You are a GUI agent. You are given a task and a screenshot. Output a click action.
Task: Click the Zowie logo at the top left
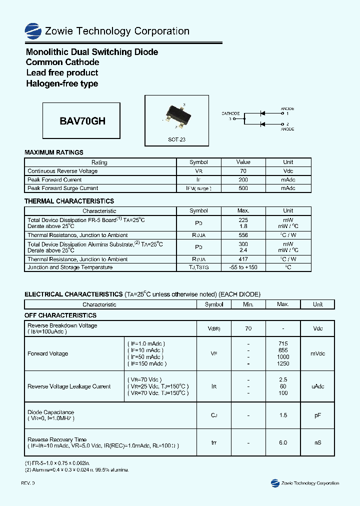[33, 31]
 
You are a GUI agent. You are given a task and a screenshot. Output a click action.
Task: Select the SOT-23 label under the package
[176, 139]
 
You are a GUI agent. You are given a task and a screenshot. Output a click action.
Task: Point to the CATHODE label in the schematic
[230, 113]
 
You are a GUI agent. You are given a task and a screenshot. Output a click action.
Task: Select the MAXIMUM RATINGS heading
[54, 152]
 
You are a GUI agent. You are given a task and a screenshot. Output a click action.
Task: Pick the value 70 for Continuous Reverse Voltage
[243, 171]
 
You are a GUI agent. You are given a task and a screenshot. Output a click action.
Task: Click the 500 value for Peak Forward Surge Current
[243, 188]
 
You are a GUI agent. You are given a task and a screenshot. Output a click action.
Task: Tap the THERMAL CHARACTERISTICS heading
[69, 201]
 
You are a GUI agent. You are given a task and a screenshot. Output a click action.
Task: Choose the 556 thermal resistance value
[243, 235]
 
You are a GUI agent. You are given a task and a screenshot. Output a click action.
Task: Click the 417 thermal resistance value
[243, 259]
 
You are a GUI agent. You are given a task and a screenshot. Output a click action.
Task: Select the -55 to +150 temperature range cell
[243, 267]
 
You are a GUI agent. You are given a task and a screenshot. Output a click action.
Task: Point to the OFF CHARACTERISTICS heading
[60, 315]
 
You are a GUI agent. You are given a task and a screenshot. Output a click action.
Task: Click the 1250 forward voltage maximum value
[283, 363]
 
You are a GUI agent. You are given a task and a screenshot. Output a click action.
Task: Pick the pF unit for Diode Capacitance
[317, 415]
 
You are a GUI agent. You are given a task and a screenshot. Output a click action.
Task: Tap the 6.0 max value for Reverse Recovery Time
[283, 442]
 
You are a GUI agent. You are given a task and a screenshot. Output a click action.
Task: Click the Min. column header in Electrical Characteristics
[248, 304]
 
